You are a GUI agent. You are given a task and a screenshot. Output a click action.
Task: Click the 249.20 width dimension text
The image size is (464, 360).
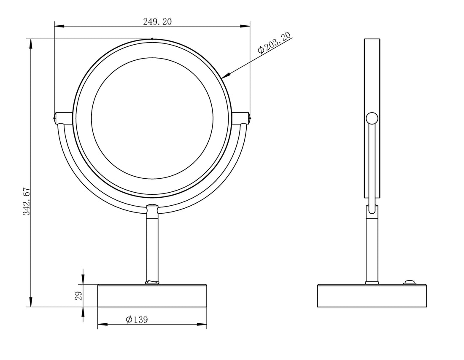(157, 21)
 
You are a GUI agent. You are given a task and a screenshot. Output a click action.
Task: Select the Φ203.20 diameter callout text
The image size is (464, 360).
(274, 43)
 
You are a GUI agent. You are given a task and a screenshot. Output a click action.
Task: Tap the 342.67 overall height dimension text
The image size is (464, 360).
(27, 201)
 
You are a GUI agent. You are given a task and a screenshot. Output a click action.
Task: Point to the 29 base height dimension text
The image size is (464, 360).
(79, 296)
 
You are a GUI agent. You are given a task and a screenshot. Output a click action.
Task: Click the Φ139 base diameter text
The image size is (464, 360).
(137, 320)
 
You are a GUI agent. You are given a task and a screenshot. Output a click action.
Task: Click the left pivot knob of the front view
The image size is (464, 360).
(63, 118)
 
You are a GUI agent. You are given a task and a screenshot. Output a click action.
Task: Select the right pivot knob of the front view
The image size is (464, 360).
(241, 118)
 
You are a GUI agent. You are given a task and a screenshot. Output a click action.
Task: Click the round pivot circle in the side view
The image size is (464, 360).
(372, 118)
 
